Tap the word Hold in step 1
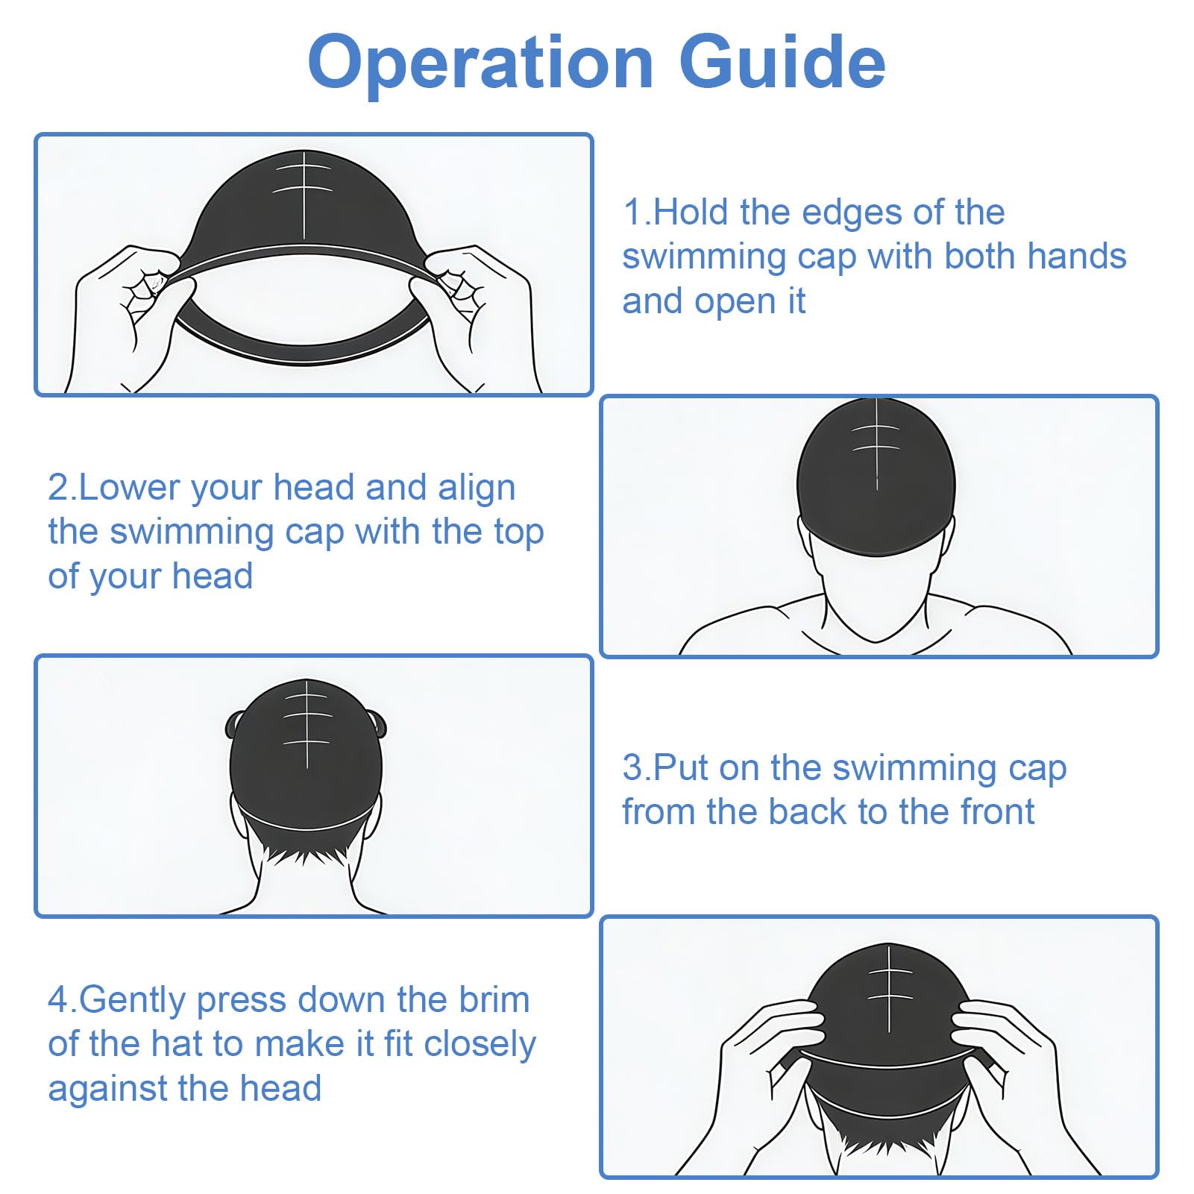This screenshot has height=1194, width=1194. (691, 212)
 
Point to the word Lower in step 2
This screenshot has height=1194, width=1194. (130, 487)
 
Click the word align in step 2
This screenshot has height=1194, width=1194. (477, 488)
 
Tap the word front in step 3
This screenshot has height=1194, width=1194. (997, 811)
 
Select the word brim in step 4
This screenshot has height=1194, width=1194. (494, 999)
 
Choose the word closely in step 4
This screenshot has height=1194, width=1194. (480, 1045)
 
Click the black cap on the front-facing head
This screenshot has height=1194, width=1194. (876, 477)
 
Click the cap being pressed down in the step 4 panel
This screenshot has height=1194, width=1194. (888, 1022)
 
